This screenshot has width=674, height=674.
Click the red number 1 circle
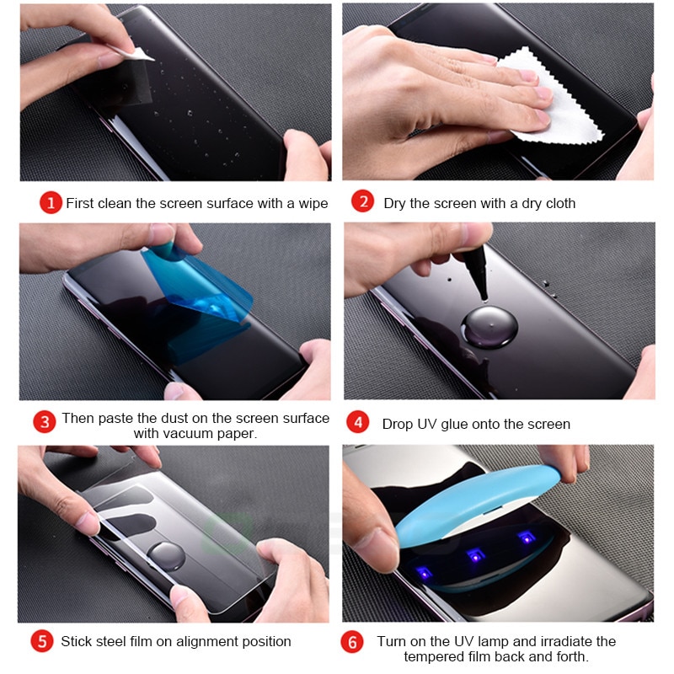pos(51,203)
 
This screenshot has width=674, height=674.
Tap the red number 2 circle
pos(362,202)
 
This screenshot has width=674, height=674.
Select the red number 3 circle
pos(45,421)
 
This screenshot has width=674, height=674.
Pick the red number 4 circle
pos(360,422)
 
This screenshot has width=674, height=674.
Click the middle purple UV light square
pos(473,554)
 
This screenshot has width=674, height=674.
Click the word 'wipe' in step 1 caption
pos(312,203)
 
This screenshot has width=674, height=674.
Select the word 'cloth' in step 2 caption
pos(558,203)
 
